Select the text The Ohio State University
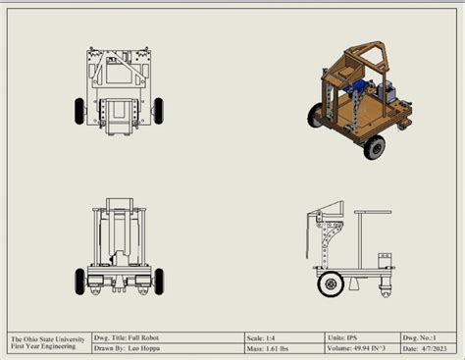click(x=45, y=336)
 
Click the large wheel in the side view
click(x=331, y=284)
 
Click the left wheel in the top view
click(x=78, y=111)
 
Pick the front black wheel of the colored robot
click(x=374, y=148)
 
